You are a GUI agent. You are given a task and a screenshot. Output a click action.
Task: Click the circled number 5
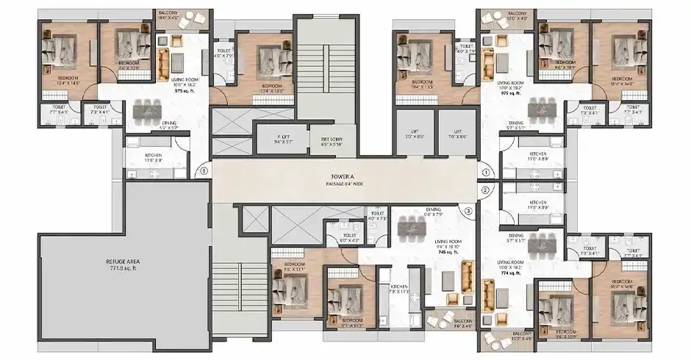(x=203, y=173)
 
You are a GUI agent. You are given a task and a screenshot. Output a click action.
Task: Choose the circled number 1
(x=486, y=173)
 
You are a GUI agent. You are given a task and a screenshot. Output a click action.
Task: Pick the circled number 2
(x=486, y=190)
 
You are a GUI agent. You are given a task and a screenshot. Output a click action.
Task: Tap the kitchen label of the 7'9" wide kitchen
(x=400, y=286)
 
